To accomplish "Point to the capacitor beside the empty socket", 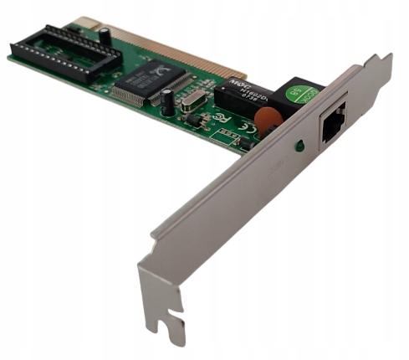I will pyautogui.click(x=105, y=38).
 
